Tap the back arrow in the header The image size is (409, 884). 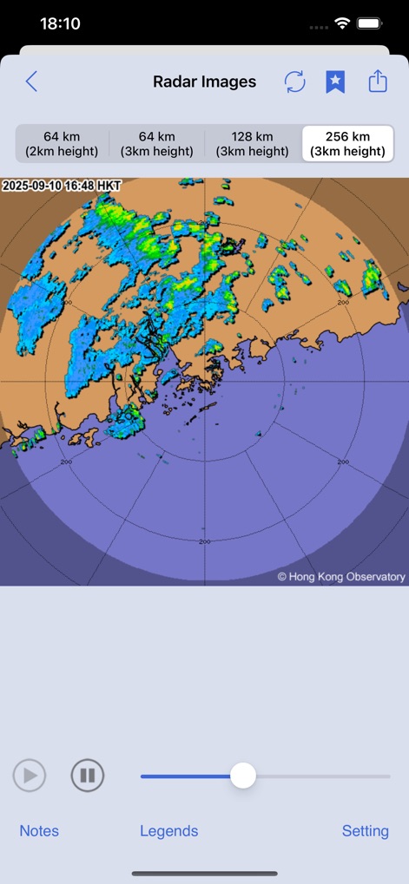tap(31, 82)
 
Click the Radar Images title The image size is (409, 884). tap(205, 82)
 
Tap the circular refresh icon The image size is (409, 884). tap(295, 82)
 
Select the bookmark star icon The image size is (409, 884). tap(335, 82)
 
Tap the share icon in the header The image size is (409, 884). tap(377, 82)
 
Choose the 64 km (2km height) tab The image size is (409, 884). tap(62, 144)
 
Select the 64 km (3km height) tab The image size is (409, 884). tap(157, 144)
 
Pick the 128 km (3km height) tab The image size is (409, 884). tap(252, 144)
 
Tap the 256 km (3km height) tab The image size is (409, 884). tap(347, 144)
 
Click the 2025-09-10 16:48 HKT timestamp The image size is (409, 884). tap(62, 186)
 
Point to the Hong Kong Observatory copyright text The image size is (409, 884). tap(341, 576)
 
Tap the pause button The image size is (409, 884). tap(88, 775)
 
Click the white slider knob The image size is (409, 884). tap(243, 776)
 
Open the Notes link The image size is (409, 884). tap(39, 831)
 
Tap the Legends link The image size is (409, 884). tap(169, 831)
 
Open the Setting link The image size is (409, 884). tap(365, 831)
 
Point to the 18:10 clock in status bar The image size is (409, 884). tap(61, 24)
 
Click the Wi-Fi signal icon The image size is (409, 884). tap(343, 24)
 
